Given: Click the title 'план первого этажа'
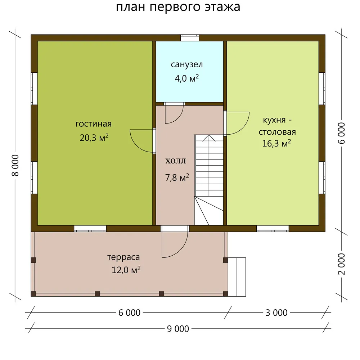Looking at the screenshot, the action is (x=178, y=7).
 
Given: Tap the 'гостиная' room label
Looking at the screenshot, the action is (x=94, y=124).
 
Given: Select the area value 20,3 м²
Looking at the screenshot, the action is (x=94, y=138).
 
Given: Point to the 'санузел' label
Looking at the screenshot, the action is (x=186, y=64).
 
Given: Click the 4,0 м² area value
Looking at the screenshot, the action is (x=186, y=78).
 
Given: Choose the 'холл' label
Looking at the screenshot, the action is (x=176, y=161).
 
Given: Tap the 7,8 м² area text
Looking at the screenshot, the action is (x=177, y=177).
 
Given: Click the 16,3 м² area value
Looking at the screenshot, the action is (x=276, y=143).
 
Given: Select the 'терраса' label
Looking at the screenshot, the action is (x=123, y=257).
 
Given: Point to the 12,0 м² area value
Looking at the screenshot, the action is (x=126, y=270).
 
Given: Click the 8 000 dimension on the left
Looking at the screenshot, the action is (x=15, y=165).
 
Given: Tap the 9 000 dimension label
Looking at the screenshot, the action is (x=178, y=329).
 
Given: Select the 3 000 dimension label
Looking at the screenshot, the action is (x=276, y=313).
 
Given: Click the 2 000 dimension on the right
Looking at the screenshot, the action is (x=342, y=264).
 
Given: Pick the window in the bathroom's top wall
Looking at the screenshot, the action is (x=190, y=38).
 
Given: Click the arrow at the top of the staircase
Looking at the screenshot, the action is (x=209, y=138).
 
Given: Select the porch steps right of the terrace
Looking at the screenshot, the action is (x=237, y=277).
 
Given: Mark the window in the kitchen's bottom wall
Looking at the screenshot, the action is (x=273, y=229).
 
